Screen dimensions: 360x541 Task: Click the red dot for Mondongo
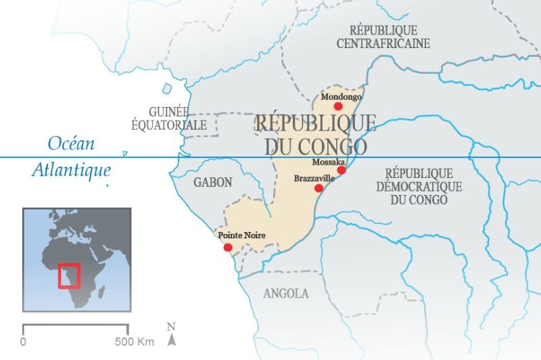coord(338,106)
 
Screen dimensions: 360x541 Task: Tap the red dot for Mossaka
coord(342,170)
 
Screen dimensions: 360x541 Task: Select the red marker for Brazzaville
coord(319,188)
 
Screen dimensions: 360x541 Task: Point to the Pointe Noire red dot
coord(227,247)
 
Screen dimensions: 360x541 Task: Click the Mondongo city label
coord(341,96)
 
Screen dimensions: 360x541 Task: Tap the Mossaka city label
coord(329,162)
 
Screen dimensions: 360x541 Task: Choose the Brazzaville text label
coord(314,178)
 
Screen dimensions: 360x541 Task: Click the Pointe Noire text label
coord(242,235)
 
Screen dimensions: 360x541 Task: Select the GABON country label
coord(212,182)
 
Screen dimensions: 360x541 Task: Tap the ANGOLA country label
coord(285,293)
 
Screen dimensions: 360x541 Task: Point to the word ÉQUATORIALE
coord(168,125)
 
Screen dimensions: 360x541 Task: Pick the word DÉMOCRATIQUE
coord(419,187)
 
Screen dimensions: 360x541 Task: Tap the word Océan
coord(71,143)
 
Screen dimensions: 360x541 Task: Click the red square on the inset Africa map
coord(69,276)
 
